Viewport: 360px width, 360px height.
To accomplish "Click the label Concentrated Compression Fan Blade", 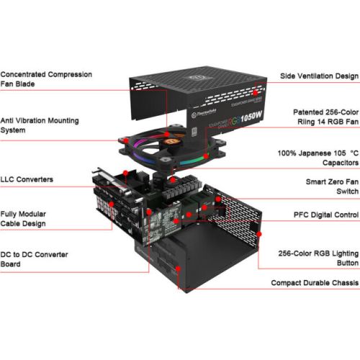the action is pyautogui.click(x=46, y=79).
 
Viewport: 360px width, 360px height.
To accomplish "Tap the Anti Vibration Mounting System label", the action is pyautogui.click(x=40, y=125).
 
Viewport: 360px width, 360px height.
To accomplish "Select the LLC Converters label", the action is pyautogui.click(x=27, y=179).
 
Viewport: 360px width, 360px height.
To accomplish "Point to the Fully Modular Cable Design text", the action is pyautogui.click(x=23, y=219).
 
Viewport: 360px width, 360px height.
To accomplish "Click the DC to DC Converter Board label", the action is pyautogui.click(x=34, y=259).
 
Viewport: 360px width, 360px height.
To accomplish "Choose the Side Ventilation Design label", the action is pyautogui.click(x=319, y=76).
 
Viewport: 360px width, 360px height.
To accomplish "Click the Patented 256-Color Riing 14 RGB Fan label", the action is pyautogui.click(x=325, y=117).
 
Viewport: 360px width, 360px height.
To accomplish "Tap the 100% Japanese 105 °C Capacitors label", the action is pyautogui.click(x=318, y=158).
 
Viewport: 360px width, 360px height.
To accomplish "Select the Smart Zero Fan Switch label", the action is pyautogui.click(x=332, y=186).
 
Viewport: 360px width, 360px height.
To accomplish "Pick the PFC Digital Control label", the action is pyautogui.click(x=326, y=215).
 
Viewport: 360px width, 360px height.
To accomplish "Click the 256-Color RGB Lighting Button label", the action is pyautogui.click(x=318, y=258).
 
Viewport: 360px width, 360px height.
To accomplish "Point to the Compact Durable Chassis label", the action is pyautogui.click(x=315, y=283).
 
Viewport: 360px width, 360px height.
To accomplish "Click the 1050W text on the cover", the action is pyautogui.click(x=251, y=117).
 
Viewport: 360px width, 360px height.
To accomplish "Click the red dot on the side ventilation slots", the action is pyautogui.click(x=255, y=92).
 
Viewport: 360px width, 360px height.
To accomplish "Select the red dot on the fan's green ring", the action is pyautogui.click(x=206, y=156).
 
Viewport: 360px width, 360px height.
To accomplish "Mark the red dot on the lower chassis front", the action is pyautogui.click(x=178, y=269).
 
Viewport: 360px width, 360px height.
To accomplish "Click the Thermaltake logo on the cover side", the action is pyautogui.click(x=204, y=113).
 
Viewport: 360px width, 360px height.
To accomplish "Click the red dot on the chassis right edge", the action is pyautogui.click(x=259, y=234).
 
